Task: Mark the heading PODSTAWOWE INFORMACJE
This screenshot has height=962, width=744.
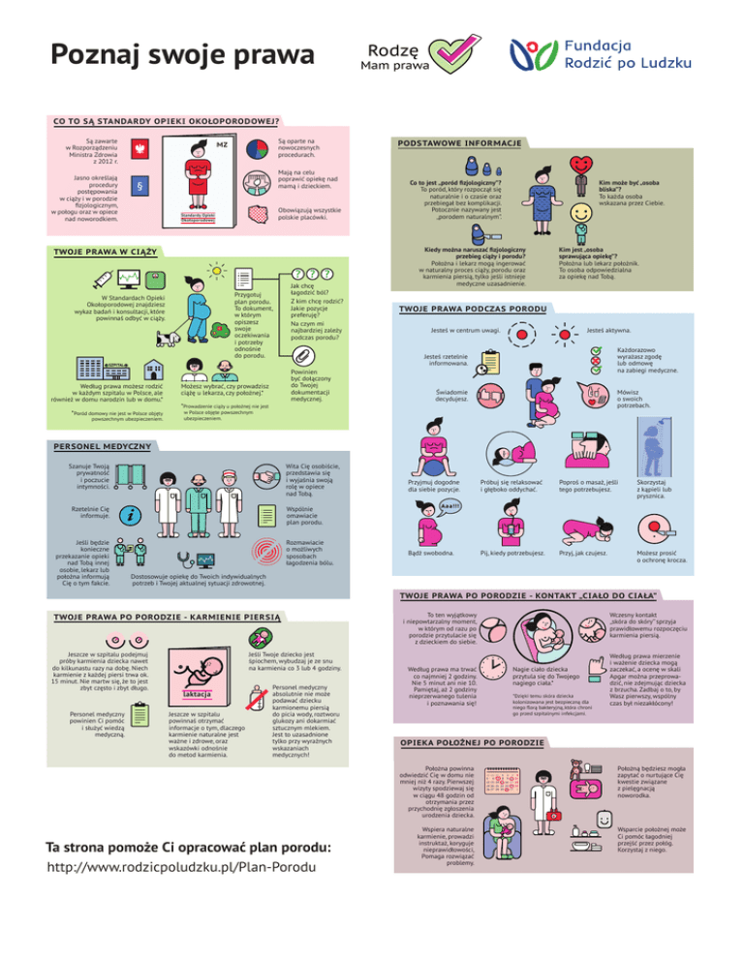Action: coord(455,144)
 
